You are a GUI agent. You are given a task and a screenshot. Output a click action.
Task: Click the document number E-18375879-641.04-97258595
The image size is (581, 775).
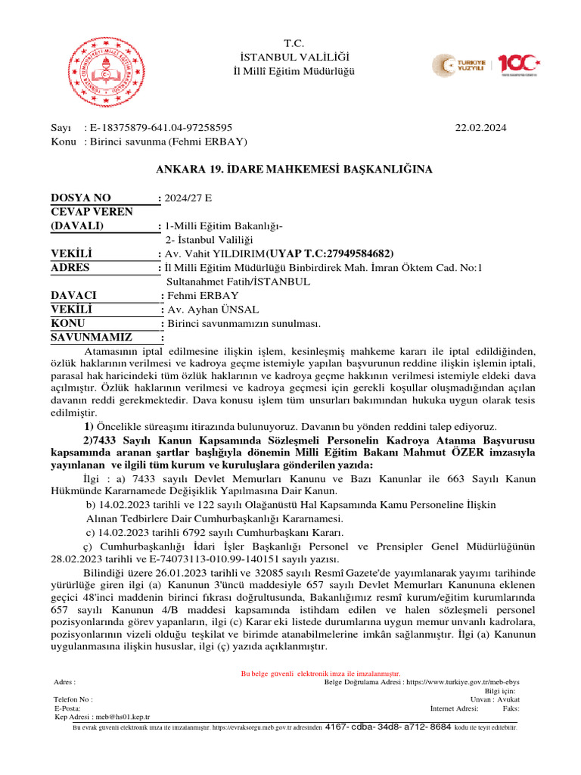coord(160,129)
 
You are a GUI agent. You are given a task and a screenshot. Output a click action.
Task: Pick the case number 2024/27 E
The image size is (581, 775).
coord(189,198)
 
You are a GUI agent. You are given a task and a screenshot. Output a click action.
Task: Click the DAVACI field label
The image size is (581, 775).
coord(73,295)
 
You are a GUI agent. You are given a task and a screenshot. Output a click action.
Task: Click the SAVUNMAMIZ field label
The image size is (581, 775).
coord(91,337)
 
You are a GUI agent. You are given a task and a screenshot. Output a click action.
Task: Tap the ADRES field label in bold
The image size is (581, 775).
coord(70,267)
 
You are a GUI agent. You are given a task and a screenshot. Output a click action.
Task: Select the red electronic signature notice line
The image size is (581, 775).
coord(320,674)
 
